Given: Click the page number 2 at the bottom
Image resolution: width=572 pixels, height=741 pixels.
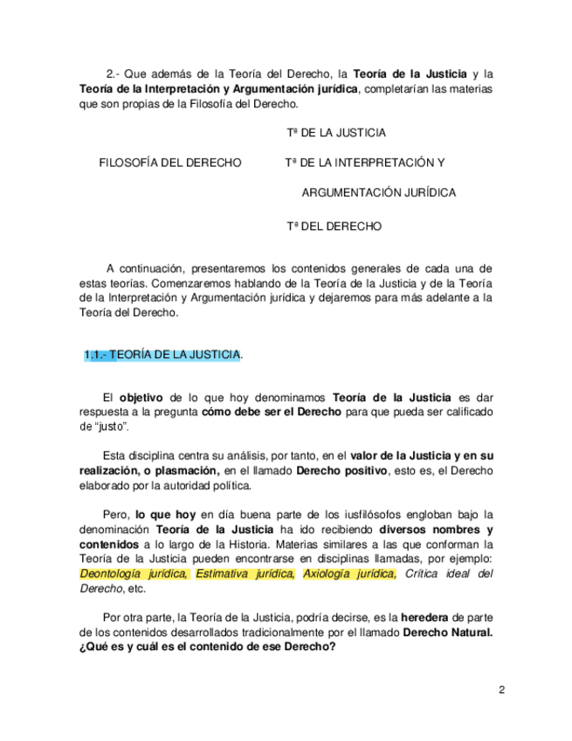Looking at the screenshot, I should point(502,690).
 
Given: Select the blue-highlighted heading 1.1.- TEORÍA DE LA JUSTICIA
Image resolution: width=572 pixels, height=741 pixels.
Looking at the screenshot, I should point(162,355).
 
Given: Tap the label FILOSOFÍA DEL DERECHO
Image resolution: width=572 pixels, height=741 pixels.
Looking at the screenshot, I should point(170,163).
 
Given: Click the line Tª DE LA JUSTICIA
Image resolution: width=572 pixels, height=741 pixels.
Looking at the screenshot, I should point(336,133).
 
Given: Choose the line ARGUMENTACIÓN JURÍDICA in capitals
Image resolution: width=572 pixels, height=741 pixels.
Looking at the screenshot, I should point(379,192).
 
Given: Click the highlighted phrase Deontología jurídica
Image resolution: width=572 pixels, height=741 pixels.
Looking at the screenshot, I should point(134,574).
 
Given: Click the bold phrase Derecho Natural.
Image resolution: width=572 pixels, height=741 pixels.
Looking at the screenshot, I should point(447,633).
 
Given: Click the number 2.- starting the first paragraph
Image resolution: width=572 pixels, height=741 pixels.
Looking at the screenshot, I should point(114,73).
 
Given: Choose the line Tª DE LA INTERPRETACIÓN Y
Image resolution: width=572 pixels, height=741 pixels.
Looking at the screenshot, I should point(365,163).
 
